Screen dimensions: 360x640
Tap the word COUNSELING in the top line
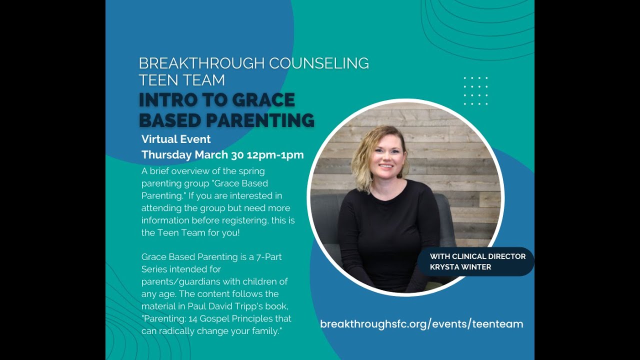click(x=319, y=63)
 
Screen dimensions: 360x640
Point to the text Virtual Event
click(x=176, y=139)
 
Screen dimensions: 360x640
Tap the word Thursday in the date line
click(x=166, y=155)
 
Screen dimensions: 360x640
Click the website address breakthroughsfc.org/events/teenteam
click(x=421, y=324)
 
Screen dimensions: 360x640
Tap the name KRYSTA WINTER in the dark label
click(x=460, y=267)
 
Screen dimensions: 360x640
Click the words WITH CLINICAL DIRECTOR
click(x=477, y=256)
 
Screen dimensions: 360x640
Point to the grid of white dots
click(x=475, y=91)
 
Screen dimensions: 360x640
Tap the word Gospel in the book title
click(x=224, y=318)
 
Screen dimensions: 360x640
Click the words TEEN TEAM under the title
click(x=181, y=80)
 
